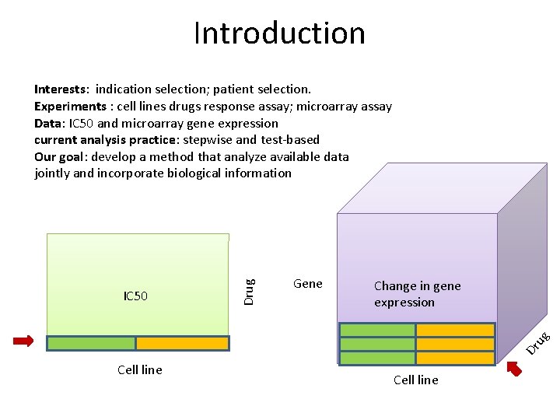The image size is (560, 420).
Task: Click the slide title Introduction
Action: [x=279, y=33]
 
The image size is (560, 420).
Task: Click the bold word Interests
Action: [x=61, y=89]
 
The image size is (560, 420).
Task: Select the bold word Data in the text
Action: [x=49, y=124]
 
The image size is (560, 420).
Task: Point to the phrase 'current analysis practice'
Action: [x=107, y=140]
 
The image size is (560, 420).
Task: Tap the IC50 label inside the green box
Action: [x=136, y=296]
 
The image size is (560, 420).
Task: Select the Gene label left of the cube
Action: [x=308, y=284]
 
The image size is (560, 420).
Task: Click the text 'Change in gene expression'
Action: [x=417, y=294]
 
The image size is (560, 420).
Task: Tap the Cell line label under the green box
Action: [x=140, y=370]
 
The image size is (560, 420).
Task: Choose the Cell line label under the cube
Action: [x=416, y=380]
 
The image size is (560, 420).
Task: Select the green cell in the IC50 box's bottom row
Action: [x=91, y=343]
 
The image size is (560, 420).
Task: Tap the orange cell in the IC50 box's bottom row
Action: [x=183, y=343]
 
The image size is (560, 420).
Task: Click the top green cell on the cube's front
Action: [x=378, y=330]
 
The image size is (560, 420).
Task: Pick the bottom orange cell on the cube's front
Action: [x=455, y=358]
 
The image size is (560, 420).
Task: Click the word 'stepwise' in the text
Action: [x=208, y=140]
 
